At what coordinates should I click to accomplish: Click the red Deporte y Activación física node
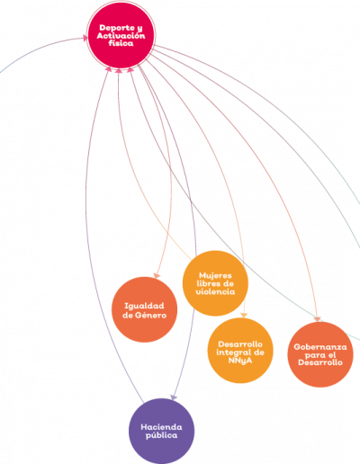point(121,35)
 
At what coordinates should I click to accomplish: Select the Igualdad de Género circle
point(144,309)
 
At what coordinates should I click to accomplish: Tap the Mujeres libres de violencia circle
point(215,283)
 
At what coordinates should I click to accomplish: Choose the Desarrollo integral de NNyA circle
point(240,351)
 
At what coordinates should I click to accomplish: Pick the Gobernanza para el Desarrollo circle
point(320,354)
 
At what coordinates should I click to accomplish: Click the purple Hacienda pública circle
point(161,431)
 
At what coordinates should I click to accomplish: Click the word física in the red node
point(121,43)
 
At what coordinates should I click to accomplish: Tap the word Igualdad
point(144,306)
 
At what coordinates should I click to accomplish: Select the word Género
point(150,315)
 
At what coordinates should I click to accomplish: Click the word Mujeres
point(215,275)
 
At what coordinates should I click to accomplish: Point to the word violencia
point(215,291)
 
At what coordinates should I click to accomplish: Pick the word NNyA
point(240,360)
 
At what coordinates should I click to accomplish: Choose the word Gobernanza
point(320,347)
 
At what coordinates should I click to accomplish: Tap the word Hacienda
point(161,427)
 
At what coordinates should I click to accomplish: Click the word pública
point(161,435)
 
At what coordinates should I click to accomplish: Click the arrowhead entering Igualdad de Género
point(157,275)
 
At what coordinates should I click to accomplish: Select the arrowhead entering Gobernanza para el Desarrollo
point(317,319)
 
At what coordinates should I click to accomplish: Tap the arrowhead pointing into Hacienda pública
point(174,397)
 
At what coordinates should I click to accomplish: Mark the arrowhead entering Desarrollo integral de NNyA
point(244,315)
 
